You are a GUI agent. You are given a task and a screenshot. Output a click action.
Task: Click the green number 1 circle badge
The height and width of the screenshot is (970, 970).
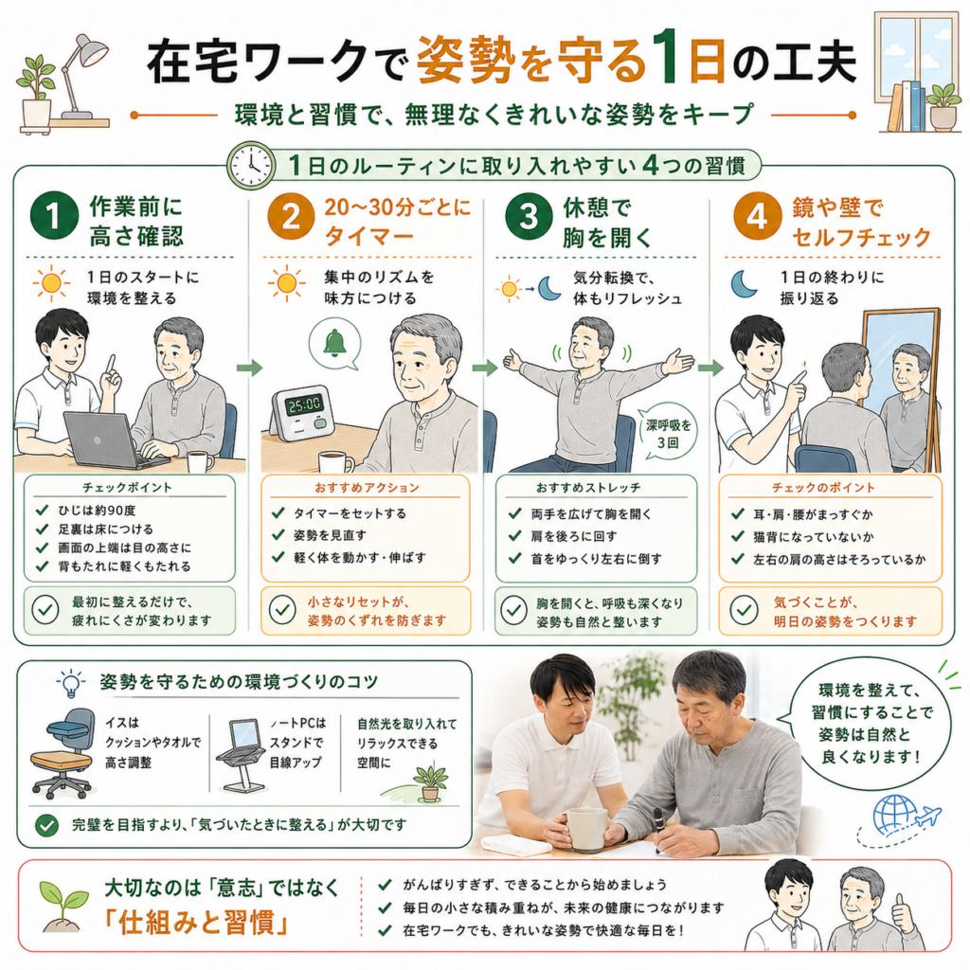pyautogui.click(x=54, y=216)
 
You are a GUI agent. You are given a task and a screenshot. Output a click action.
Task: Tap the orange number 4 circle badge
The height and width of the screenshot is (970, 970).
pyautogui.click(x=757, y=216)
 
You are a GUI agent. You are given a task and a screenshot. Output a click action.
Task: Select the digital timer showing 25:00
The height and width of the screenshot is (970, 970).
pyautogui.click(x=302, y=413)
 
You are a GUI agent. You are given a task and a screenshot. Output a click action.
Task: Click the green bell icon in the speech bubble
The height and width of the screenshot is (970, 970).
pyautogui.click(x=334, y=343)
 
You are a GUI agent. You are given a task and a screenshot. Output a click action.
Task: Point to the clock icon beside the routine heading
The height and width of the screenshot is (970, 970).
pyautogui.click(x=251, y=165)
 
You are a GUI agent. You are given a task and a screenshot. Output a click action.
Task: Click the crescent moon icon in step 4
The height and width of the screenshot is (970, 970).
pyautogui.click(x=743, y=284)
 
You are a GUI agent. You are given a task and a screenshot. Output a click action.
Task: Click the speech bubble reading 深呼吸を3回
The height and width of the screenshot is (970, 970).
pyautogui.click(x=668, y=433)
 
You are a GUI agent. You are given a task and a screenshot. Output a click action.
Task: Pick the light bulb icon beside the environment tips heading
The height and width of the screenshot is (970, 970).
pyautogui.click(x=71, y=683)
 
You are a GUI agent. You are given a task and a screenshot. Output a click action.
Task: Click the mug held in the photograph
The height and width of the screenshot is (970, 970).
pyautogui.click(x=587, y=830)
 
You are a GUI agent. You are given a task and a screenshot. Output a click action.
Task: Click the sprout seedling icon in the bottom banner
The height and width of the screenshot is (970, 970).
pyautogui.click(x=63, y=907)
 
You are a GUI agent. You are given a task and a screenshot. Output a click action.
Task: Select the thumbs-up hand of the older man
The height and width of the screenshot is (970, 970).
pyautogui.click(x=903, y=911)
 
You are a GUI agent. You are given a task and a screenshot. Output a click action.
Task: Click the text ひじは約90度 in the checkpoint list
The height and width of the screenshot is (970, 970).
pyautogui.click(x=98, y=511)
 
